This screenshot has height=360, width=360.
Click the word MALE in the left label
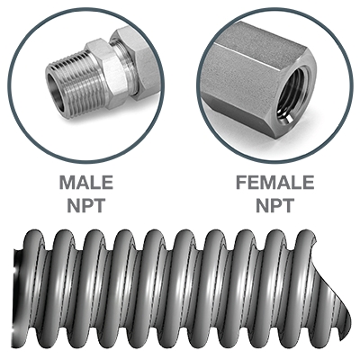tap(86, 183)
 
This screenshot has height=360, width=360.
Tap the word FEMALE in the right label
tap(274, 183)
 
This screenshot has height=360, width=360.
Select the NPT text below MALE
tap(86, 205)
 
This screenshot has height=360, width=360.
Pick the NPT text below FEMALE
tap(274, 205)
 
